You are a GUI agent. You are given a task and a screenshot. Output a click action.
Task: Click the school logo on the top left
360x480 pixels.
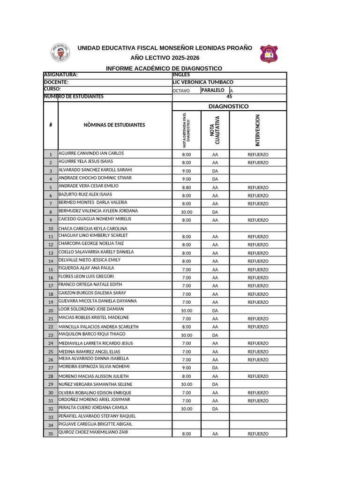60,52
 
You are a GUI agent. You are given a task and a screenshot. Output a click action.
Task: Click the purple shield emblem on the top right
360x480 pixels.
269,53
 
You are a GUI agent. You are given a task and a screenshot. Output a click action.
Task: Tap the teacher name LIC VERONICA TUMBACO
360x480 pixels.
203,82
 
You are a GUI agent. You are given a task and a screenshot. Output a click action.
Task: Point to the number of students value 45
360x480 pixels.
229,97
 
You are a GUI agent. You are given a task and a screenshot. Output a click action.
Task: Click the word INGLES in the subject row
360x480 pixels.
181,75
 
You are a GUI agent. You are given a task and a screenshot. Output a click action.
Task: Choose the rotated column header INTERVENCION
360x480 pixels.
258,130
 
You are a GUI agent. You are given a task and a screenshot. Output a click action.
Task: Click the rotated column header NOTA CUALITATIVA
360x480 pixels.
215,130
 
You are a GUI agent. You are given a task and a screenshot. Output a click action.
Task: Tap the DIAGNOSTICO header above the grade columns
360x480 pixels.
229,106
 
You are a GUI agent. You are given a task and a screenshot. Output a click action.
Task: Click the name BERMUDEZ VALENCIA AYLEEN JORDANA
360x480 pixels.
98,211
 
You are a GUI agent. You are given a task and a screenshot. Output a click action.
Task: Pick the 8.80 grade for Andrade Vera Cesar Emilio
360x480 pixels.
187,187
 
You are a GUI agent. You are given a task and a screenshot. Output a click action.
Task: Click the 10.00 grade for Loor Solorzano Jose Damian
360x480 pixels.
187,311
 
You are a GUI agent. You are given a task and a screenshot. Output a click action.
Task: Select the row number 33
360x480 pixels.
51,417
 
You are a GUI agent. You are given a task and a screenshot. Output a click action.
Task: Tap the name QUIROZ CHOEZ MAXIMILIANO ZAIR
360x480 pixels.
93,432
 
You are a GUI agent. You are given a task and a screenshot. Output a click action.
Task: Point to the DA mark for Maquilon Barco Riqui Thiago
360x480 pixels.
215,335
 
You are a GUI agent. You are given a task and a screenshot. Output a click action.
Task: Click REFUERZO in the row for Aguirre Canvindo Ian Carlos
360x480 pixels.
258,154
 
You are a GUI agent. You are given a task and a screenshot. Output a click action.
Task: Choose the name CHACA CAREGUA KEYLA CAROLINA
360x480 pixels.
93,229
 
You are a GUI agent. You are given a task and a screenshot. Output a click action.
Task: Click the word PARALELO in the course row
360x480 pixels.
213,90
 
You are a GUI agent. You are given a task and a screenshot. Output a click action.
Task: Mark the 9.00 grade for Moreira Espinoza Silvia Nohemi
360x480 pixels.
187,368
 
